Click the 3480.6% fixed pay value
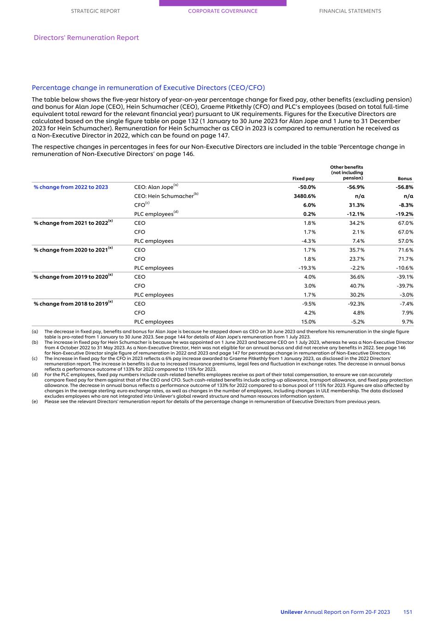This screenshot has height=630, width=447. click(x=304, y=196)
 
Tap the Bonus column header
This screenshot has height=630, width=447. click(x=405, y=179)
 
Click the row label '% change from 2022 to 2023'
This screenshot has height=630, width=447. click(x=71, y=187)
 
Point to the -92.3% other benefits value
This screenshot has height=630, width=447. click(x=356, y=304)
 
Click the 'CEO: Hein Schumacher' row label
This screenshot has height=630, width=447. click(x=164, y=196)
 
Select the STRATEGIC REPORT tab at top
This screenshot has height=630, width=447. click(x=95, y=11)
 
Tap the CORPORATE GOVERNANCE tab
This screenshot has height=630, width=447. click(x=223, y=11)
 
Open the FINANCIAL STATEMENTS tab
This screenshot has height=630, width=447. click(x=350, y=11)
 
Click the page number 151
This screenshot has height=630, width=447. click(x=407, y=612)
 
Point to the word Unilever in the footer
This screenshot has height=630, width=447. click(x=291, y=612)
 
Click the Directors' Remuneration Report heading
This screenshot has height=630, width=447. click(x=86, y=38)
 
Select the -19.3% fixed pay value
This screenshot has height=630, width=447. click(x=307, y=268)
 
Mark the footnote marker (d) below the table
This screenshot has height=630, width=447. click(x=35, y=375)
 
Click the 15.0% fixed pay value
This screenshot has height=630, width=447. click(x=308, y=322)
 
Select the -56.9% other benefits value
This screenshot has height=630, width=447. click(x=356, y=187)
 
